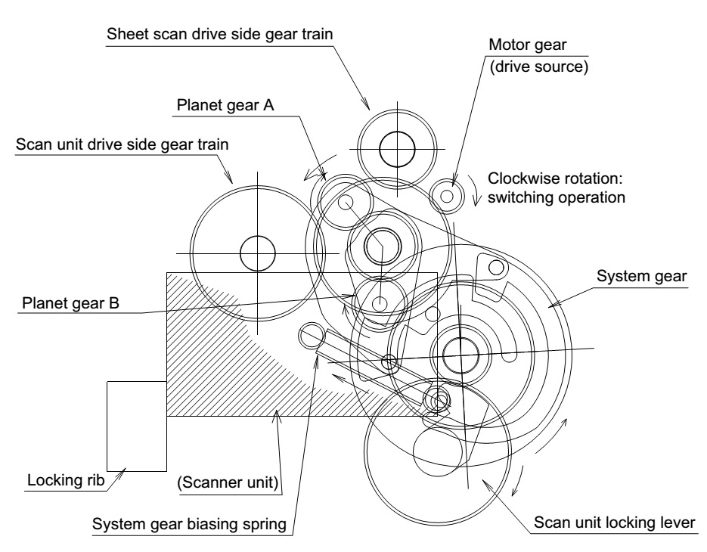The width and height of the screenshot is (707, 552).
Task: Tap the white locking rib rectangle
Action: [137, 426]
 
